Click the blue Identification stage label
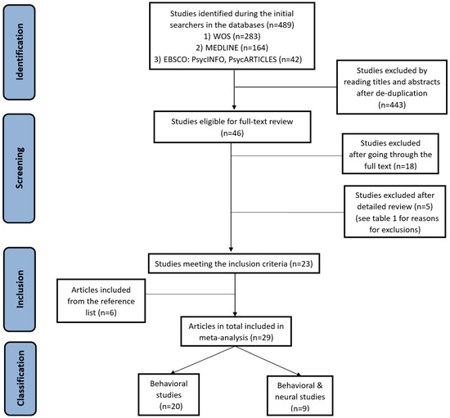(x=20, y=52)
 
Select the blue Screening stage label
(x=20, y=169)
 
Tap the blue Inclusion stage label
(x=20, y=290)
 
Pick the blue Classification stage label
(x=20, y=379)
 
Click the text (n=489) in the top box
(x=281, y=25)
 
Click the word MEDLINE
(x=222, y=47)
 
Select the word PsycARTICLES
(x=253, y=60)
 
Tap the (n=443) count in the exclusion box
(x=392, y=105)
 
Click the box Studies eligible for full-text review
(x=232, y=127)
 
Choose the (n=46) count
(x=232, y=133)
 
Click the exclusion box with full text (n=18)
(x=390, y=154)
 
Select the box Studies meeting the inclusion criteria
(x=234, y=263)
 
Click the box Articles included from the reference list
(x=101, y=301)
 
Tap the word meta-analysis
(x=223, y=338)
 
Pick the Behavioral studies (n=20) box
(x=169, y=394)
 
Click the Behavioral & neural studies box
(x=300, y=396)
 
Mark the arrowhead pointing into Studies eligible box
(x=234, y=108)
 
